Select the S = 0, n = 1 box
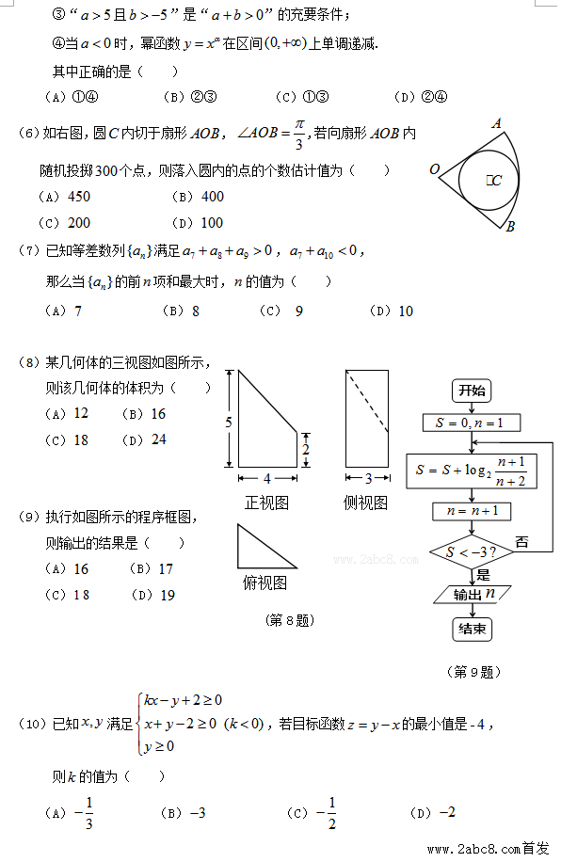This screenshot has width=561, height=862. [x=471, y=423]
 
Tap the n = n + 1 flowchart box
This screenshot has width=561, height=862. [x=471, y=512]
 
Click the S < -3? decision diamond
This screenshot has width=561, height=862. [x=471, y=551]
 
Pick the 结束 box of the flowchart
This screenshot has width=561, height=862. [x=471, y=629]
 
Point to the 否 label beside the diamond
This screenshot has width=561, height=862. [x=521, y=542]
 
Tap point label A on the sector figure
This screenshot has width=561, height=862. [x=496, y=123]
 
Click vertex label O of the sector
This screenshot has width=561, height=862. [x=435, y=170]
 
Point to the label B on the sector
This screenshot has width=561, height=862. [x=509, y=226]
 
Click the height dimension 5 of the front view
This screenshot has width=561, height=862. [x=228, y=423]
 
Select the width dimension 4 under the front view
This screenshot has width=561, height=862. [x=267, y=478]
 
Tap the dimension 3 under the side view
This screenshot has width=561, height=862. [x=368, y=478]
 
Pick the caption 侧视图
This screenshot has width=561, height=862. [x=365, y=503]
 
